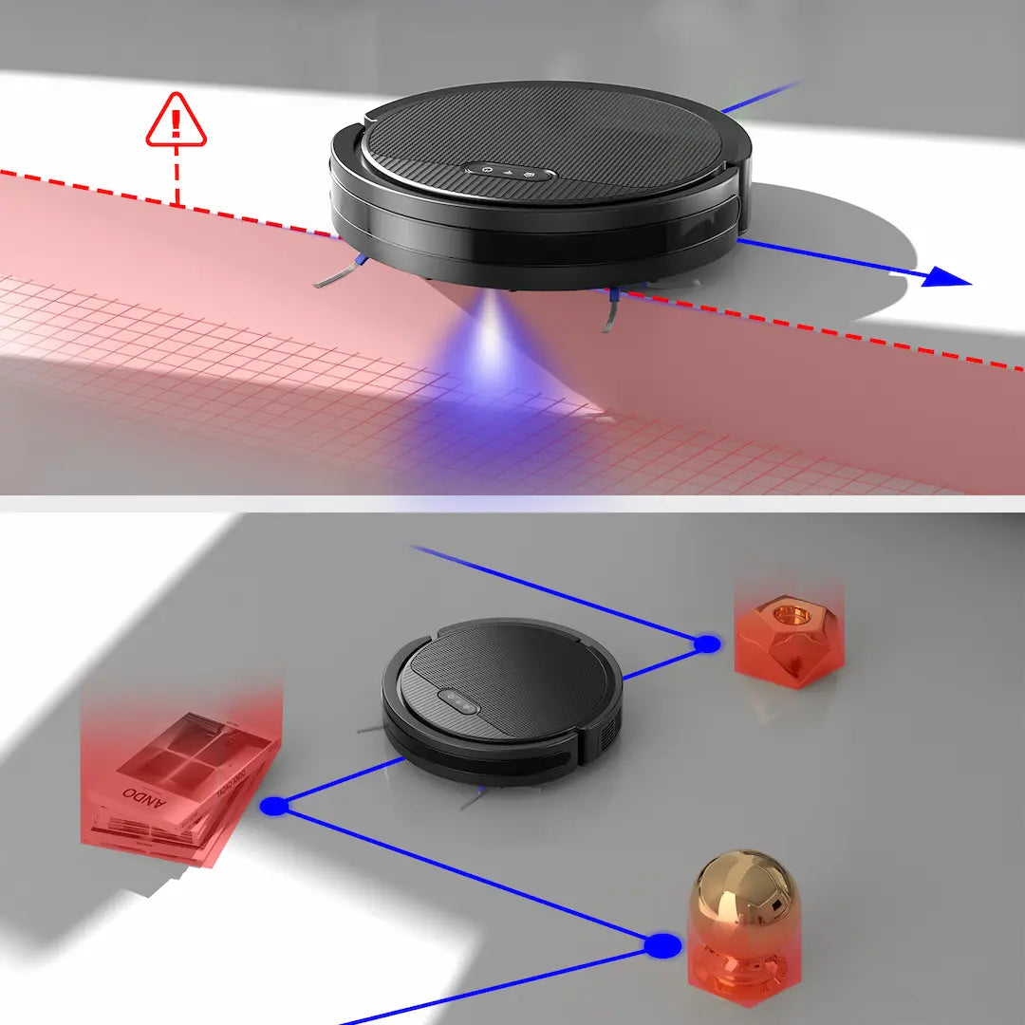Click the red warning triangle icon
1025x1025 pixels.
176,121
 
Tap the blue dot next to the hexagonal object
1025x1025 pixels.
706,644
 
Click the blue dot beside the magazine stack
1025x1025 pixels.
274,806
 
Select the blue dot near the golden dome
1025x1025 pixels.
662,945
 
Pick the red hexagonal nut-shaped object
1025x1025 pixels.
787,636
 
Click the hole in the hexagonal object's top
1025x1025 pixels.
788,614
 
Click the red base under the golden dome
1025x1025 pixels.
746,968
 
